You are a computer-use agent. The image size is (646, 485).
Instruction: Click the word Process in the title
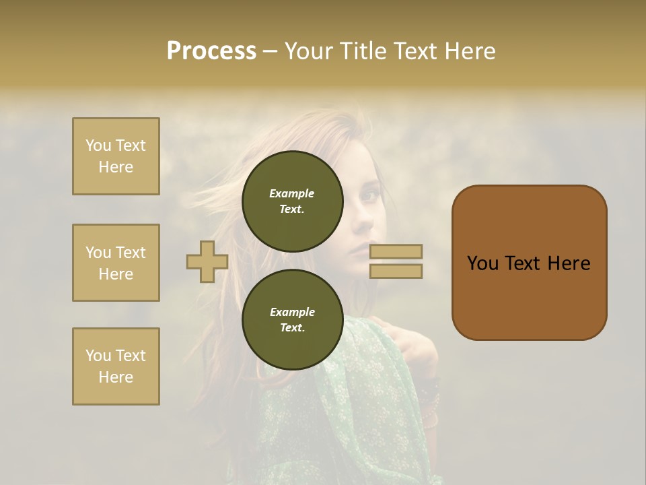pos(211,51)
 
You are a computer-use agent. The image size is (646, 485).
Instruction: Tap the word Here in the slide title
pos(469,51)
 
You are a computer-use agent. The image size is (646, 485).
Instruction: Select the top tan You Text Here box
pos(116,156)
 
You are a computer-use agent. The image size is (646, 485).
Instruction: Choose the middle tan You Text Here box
pos(116,263)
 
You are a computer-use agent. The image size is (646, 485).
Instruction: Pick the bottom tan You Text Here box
pos(116,366)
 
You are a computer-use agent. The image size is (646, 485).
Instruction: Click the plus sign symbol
pos(207,261)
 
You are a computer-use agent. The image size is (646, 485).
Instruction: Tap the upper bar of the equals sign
pos(396,251)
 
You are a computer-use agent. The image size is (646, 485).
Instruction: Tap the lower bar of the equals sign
pos(396,271)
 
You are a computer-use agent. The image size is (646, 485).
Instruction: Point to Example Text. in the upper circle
pos(292,201)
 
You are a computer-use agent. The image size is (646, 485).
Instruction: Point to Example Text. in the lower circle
pos(292,320)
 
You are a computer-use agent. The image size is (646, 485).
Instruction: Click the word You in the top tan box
pos(98,145)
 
